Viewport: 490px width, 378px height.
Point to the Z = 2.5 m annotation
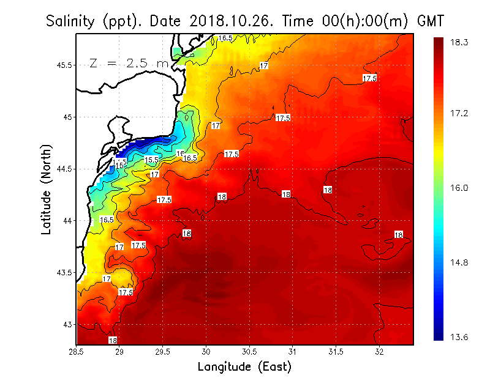[129, 63]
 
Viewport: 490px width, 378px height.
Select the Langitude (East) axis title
[244, 367]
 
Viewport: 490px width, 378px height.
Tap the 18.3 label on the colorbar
[459, 42]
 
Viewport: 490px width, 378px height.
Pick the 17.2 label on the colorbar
[459, 114]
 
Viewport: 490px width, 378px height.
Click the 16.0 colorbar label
[459, 188]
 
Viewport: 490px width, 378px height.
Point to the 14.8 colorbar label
[459, 262]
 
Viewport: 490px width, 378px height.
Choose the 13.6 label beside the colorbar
[459, 336]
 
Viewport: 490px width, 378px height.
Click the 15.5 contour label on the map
[151, 160]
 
